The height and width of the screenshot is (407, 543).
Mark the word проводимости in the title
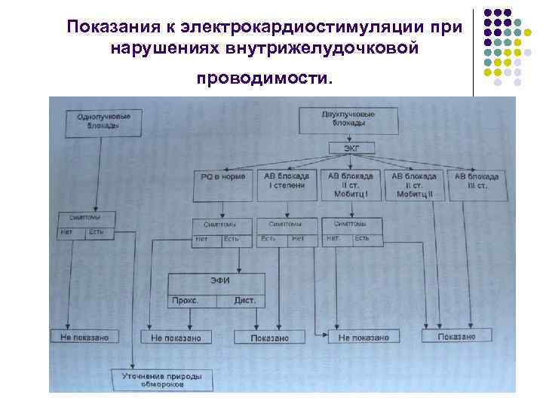262,78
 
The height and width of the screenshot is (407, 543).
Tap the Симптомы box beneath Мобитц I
350,225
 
